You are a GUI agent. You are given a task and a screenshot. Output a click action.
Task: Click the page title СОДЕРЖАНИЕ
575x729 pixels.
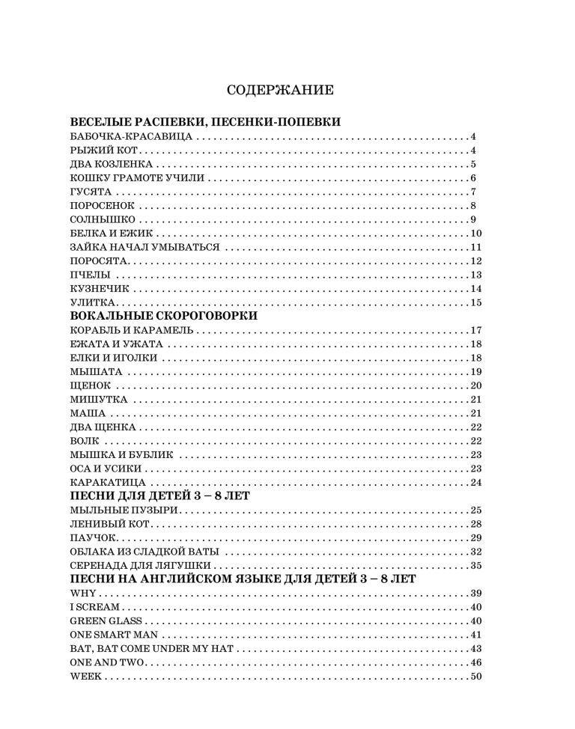coord(280,91)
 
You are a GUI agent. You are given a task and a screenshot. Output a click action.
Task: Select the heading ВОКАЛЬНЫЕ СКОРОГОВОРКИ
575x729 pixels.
coord(163,316)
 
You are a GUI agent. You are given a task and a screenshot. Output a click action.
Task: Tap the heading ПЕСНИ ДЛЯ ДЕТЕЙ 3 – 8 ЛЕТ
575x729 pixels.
coord(159,496)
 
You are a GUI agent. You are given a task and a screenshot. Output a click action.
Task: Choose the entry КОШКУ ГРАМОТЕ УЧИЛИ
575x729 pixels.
coord(136,178)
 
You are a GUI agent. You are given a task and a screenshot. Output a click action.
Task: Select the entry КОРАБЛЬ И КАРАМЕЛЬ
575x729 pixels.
coord(132,330)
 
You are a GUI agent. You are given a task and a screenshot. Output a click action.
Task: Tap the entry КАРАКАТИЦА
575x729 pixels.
coord(107,482)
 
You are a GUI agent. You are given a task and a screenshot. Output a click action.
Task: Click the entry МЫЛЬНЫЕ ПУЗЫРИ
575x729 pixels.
coord(124,510)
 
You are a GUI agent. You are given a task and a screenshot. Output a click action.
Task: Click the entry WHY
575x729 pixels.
coord(81,594)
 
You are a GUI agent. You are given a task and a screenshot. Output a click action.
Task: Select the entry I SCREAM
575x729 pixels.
coord(94,607)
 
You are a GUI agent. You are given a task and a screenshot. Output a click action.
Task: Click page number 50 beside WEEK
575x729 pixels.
coord(476,677)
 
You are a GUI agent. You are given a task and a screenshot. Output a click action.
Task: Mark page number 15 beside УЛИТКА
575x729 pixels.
coord(476,302)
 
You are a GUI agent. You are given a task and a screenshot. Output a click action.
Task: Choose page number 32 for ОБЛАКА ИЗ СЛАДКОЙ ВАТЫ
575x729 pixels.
coord(476,552)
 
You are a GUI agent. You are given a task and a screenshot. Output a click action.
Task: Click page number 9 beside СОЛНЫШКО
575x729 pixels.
coord(474,219)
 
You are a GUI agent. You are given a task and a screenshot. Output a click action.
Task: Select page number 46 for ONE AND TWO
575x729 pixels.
coord(476,663)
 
